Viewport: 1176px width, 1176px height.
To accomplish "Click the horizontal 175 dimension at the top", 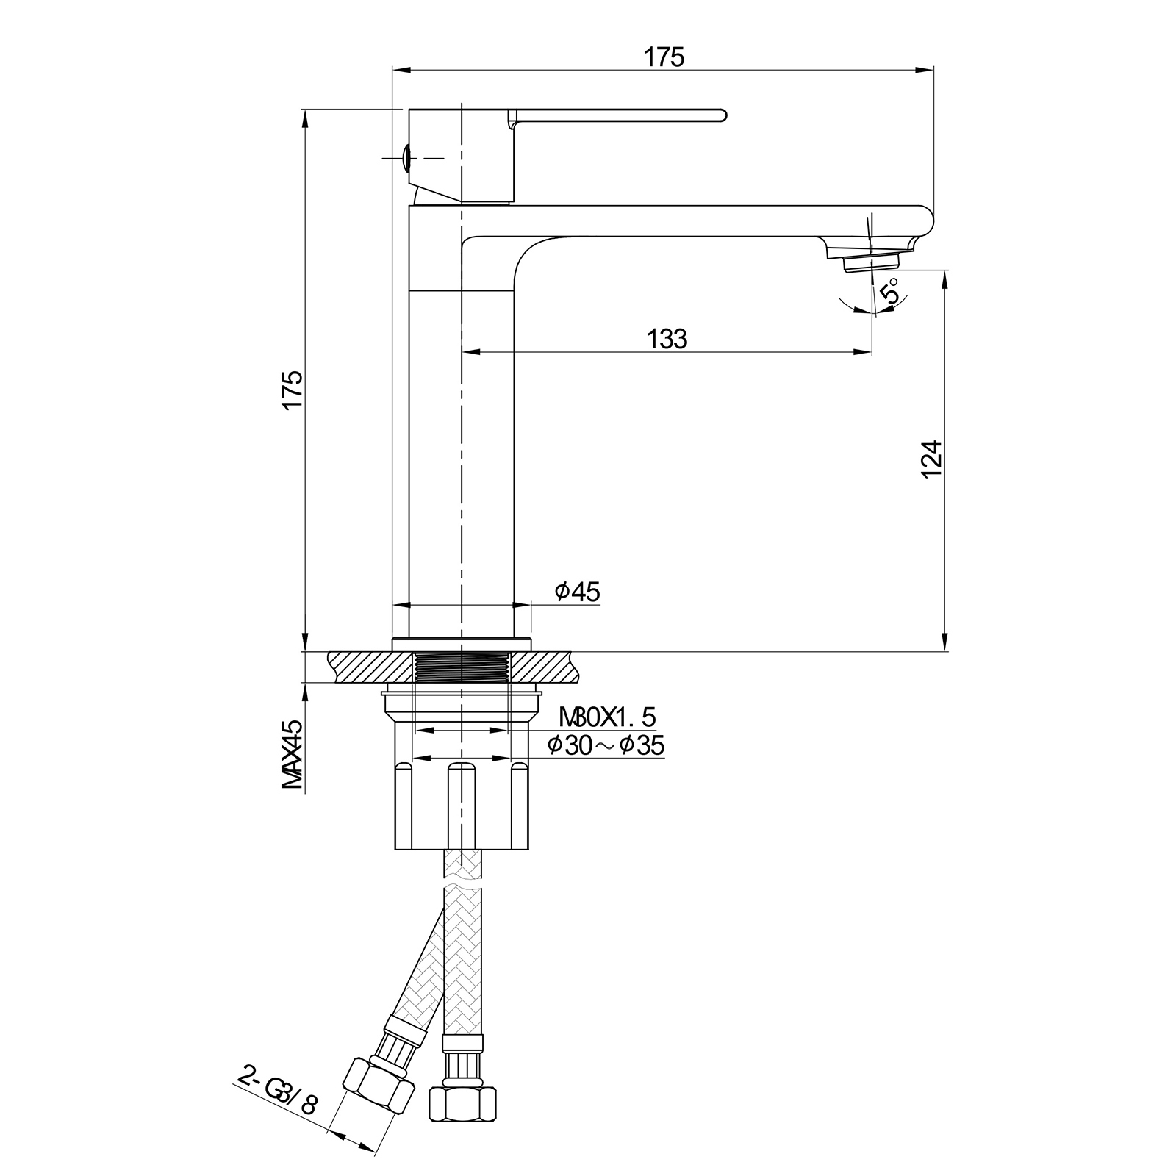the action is pos(664,57).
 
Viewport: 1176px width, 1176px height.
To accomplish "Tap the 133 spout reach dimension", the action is pos(667,339).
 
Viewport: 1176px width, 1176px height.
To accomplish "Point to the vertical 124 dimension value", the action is pos(931,459).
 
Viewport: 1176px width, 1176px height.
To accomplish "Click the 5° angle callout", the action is pos(892,292).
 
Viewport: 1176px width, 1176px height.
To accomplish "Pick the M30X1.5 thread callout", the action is pos(607,716).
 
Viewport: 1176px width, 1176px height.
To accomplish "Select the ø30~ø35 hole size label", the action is pos(606,745).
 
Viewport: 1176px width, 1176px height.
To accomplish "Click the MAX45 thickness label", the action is pos(293,754).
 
